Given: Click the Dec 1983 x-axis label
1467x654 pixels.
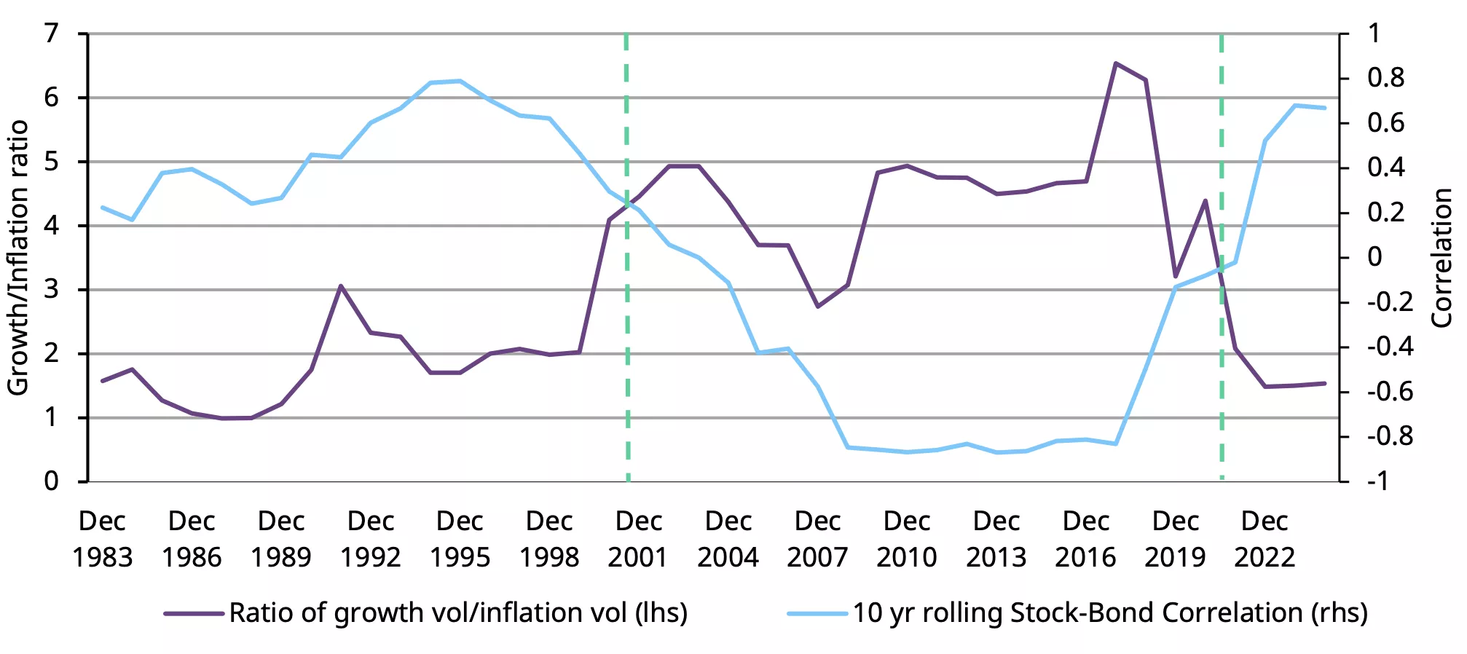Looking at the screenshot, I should pyautogui.click(x=102, y=539).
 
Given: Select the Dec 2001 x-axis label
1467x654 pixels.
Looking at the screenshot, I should pyautogui.click(x=638, y=539).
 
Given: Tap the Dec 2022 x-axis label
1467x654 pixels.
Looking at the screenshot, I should pyautogui.click(x=1265, y=539).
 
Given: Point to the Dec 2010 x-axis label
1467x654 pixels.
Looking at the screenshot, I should pyautogui.click(x=907, y=539).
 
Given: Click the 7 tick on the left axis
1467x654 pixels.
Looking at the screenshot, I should pyautogui.click(x=51, y=34).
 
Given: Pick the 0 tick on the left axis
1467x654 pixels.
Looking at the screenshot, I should pyautogui.click(x=51, y=481).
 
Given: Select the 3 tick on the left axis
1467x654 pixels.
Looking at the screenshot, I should pyautogui.click(x=51, y=289).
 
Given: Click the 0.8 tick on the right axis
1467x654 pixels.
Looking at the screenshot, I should pyautogui.click(x=1385, y=78).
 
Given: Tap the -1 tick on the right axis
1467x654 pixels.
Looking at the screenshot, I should pyautogui.click(x=1380, y=481).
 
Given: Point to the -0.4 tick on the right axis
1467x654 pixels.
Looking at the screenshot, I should pyautogui.click(x=1390, y=347).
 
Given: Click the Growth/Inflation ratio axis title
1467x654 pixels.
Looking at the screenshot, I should pyautogui.click(x=18, y=258).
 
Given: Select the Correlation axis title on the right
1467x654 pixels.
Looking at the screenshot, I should pyautogui.click(x=1442, y=258).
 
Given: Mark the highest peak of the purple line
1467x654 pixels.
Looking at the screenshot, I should pyautogui.click(x=1116, y=63).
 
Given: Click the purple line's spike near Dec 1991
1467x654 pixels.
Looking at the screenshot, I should pyautogui.click(x=340, y=285).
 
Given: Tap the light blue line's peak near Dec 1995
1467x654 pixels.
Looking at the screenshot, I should pyautogui.click(x=460, y=81).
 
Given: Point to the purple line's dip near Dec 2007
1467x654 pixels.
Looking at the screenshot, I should pyautogui.click(x=818, y=306).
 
